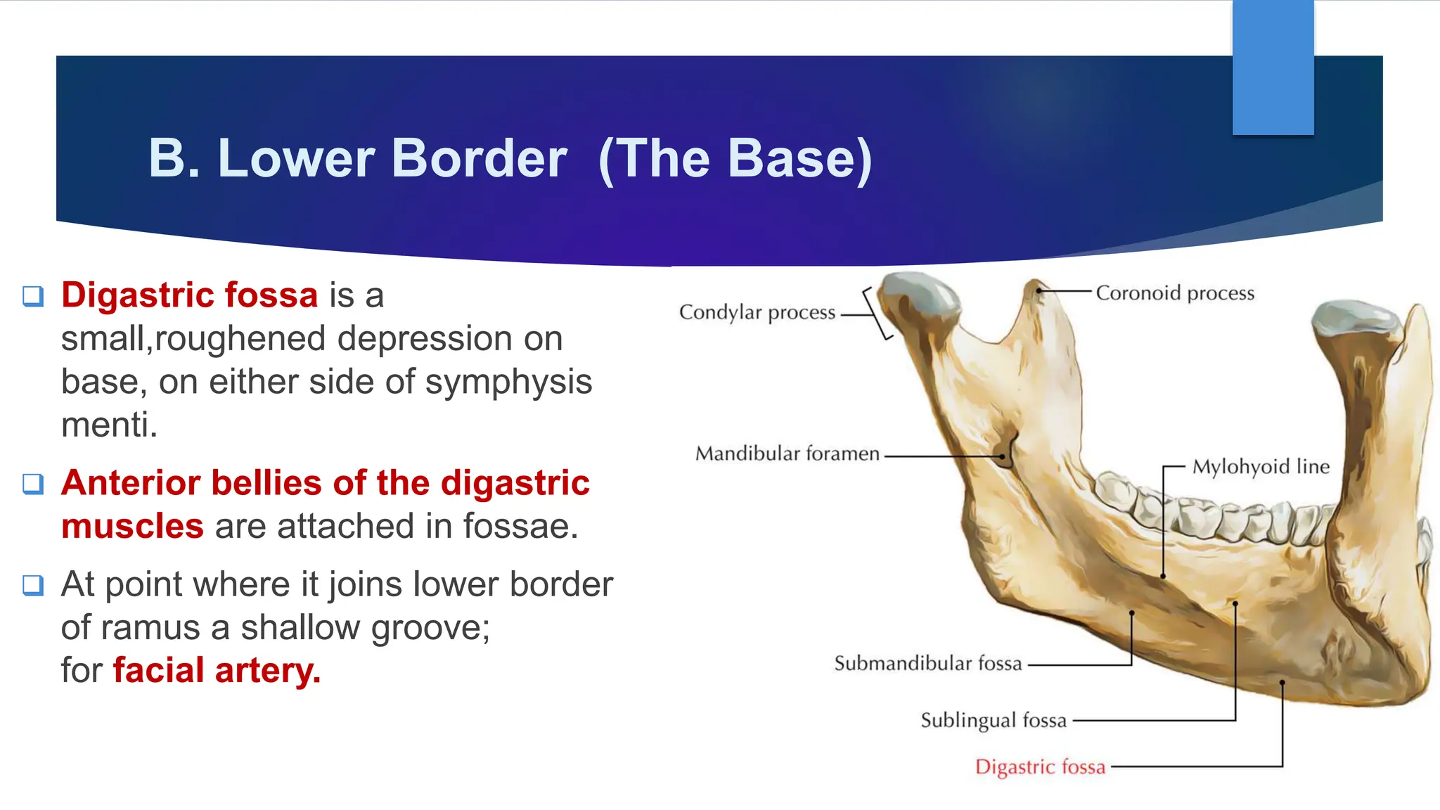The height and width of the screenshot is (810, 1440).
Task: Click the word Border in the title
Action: coord(478,158)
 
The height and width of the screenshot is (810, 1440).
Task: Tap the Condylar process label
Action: coord(757,312)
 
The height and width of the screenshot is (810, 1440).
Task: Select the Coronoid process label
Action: coord(1174,293)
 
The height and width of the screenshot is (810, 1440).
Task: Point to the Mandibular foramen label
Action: coord(787,454)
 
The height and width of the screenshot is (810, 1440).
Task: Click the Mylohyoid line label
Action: coord(1261,467)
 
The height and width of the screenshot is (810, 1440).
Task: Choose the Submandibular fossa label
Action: coord(927,664)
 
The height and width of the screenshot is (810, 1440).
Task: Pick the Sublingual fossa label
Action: coord(993,721)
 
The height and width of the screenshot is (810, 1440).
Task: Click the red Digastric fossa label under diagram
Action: coord(1040,767)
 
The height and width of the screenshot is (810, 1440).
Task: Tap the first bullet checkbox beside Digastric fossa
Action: coord(33,296)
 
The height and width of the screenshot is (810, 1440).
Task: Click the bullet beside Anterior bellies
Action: coord(33,484)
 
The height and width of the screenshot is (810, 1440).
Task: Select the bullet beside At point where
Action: coord(33,585)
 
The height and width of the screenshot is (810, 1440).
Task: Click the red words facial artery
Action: coord(217,670)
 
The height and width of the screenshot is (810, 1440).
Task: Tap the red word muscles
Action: coord(132,527)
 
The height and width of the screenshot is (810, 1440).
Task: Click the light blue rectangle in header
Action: coord(1273,67)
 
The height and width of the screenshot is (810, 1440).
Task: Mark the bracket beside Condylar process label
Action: coord(876,314)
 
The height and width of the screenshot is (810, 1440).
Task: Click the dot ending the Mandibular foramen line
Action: coord(1003,457)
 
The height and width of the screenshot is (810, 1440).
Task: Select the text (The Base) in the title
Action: coord(735,158)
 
